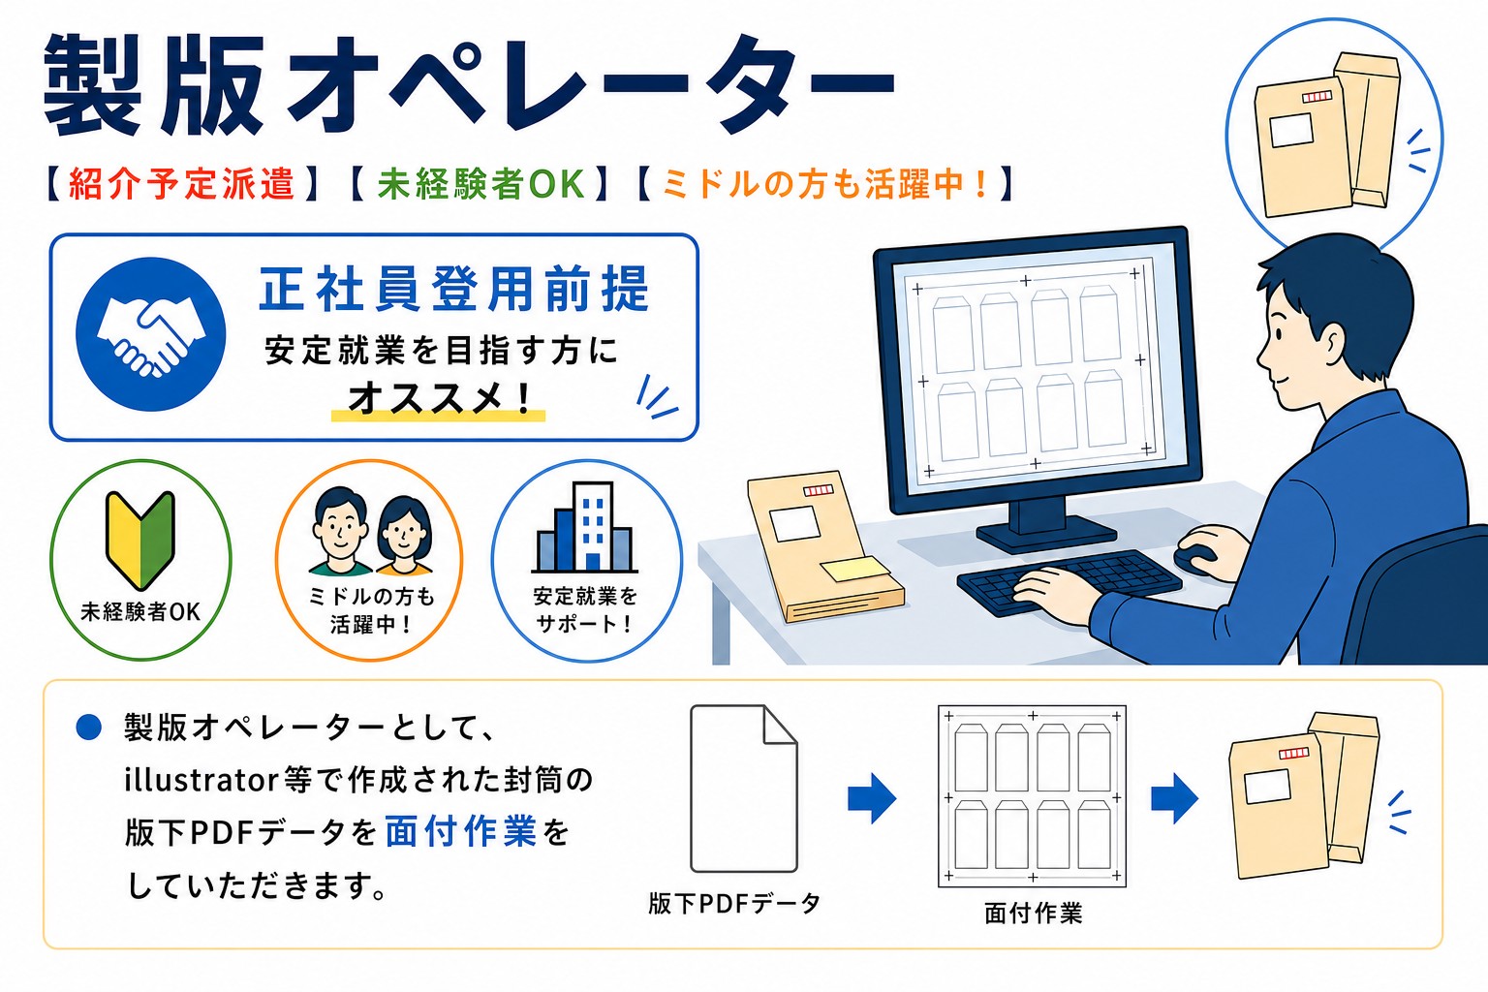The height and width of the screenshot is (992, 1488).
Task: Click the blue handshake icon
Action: click(151, 334)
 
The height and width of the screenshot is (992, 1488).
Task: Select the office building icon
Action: click(585, 527)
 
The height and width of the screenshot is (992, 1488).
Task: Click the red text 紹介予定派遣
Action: click(181, 184)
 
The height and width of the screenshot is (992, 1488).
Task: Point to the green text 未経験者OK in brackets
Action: click(480, 184)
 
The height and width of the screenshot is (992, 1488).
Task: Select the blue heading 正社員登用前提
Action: click(453, 289)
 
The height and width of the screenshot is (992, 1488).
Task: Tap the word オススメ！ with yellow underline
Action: click(440, 398)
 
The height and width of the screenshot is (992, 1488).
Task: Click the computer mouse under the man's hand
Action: click(1195, 557)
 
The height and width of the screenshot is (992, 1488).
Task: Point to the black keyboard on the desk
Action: click(1069, 580)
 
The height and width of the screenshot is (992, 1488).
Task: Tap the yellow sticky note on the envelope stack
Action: click(855, 569)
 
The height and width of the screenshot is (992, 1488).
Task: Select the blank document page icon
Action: click(743, 789)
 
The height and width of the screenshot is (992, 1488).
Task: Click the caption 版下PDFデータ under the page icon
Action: click(734, 904)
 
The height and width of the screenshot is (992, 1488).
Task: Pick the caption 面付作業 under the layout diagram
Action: click(1033, 914)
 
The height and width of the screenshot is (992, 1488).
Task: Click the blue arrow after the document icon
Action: click(872, 798)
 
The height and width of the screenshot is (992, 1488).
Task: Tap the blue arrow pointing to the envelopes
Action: click(1174, 798)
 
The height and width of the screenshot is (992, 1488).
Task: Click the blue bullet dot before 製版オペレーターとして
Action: click(89, 727)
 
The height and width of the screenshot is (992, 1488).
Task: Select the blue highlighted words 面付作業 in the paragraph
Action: click(461, 831)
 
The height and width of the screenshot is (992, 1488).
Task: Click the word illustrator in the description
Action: click(201, 780)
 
